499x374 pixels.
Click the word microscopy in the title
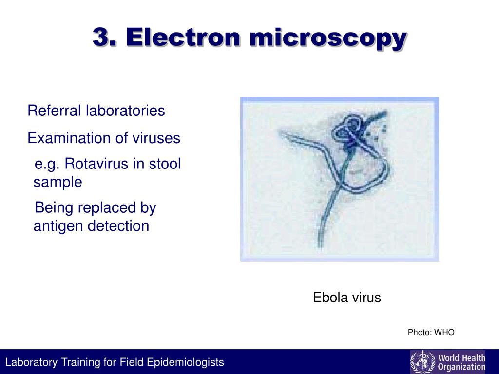pyautogui.click(x=327, y=38)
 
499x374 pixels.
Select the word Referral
pyautogui.click(x=55, y=111)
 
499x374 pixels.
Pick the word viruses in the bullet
pyautogui.click(x=156, y=138)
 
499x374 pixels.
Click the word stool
pyautogui.click(x=166, y=164)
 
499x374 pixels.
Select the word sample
pyautogui.click(x=58, y=183)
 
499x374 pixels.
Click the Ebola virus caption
pyautogui.click(x=346, y=298)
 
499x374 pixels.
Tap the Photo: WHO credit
pyautogui.click(x=431, y=333)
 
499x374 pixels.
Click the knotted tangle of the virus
pyautogui.click(x=349, y=131)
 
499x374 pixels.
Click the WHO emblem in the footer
pyautogui.click(x=420, y=362)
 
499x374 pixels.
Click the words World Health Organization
pyautogui.click(x=461, y=362)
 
